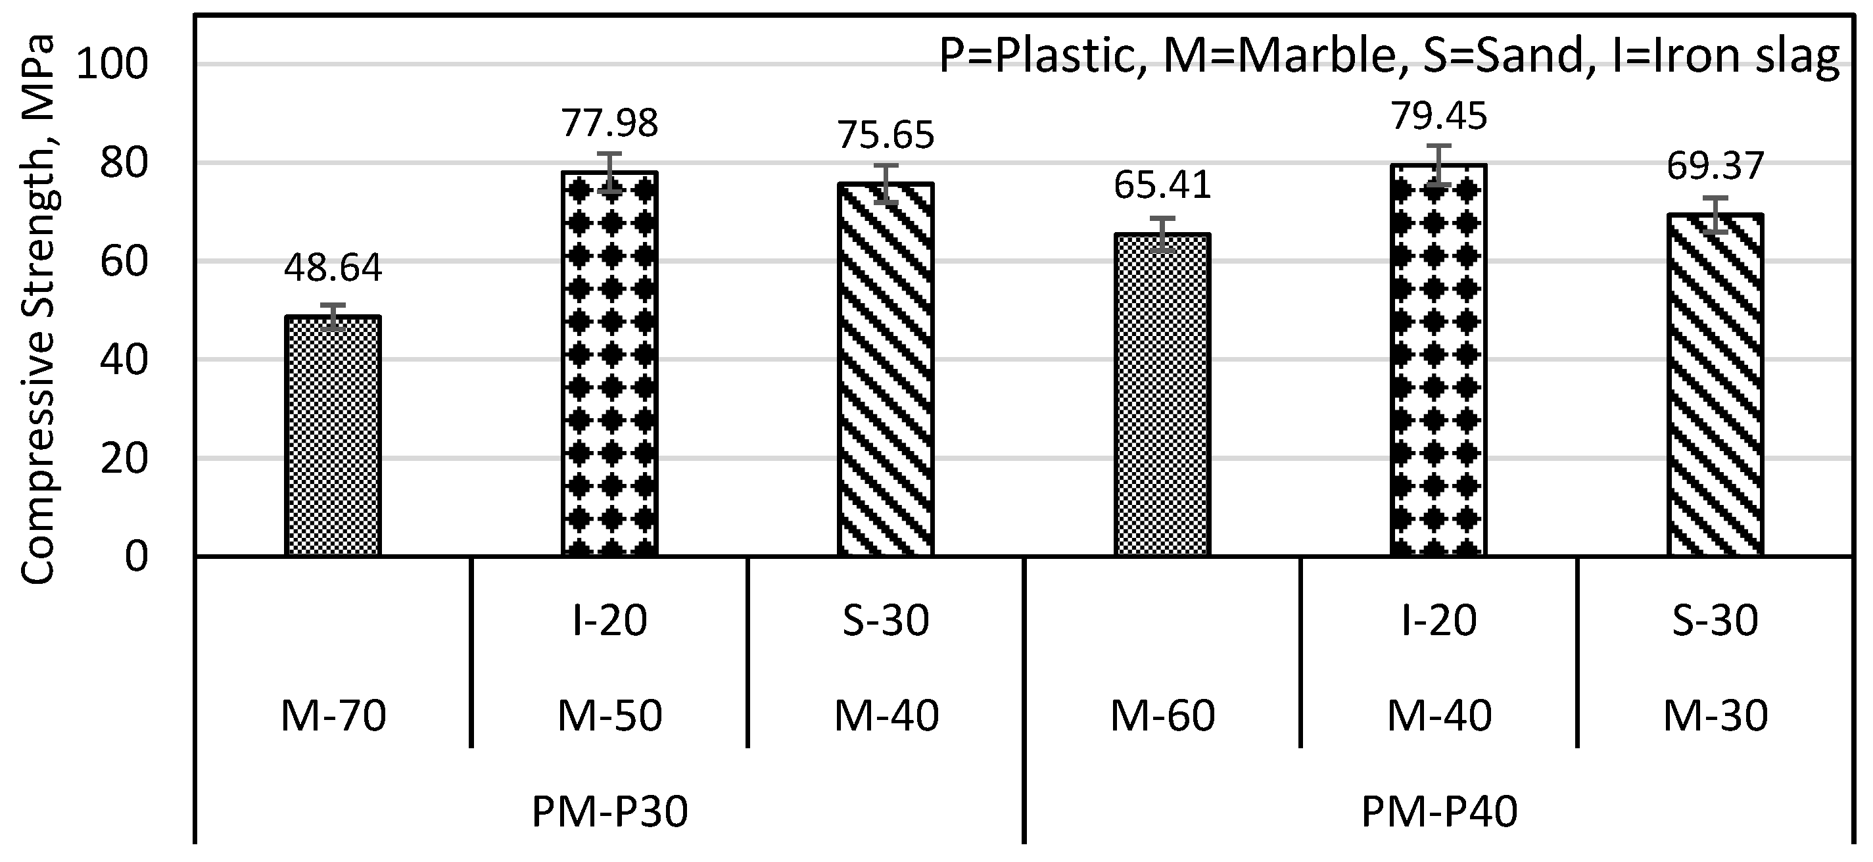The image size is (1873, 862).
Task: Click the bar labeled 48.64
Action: pos(333,437)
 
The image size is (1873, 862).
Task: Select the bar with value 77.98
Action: pos(609,364)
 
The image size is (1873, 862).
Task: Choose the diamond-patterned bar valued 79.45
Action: pos(1438,360)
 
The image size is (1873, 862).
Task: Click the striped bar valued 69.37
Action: pos(1715,385)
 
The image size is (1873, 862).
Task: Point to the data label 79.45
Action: pos(1440,116)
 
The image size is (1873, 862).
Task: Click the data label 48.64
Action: pos(333,268)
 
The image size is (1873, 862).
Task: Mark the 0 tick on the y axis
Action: pos(136,556)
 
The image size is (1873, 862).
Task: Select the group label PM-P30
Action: pos(609,813)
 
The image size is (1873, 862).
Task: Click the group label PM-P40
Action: pos(1440,813)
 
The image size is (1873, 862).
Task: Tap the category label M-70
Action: pos(333,717)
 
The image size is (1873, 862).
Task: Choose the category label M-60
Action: pos(1162,717)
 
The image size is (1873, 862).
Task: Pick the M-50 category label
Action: pos(609,717)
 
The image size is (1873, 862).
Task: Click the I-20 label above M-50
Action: pos(609,621)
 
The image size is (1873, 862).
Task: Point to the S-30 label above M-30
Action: pos(1715,621)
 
